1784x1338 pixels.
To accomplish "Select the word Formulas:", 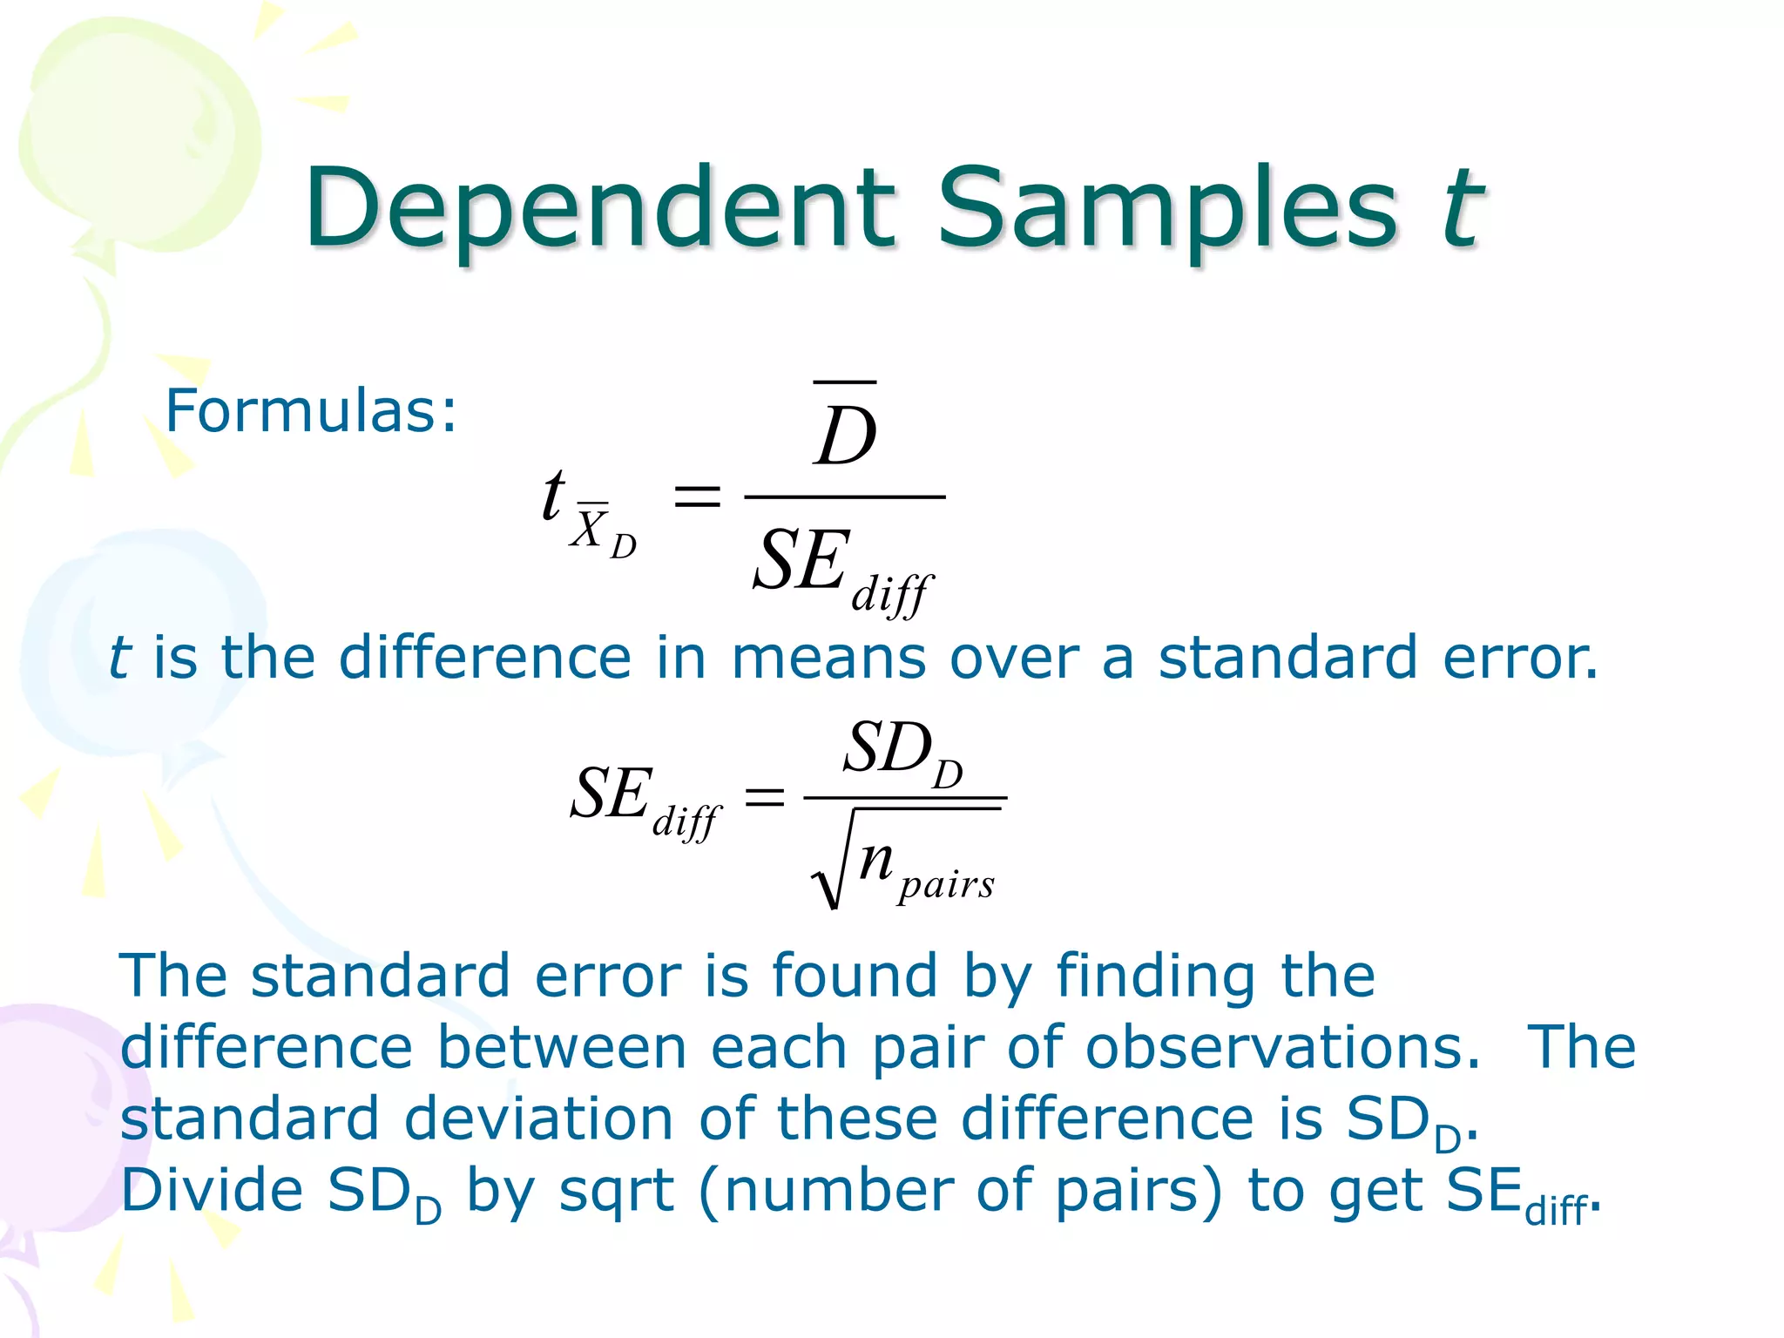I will (311, 410).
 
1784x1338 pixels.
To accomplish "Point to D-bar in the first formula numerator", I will (845, 431).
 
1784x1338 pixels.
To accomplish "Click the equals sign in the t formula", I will (698, 497).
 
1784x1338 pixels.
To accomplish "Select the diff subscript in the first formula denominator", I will (891, 595).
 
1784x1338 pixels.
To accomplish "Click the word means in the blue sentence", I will (828, 658).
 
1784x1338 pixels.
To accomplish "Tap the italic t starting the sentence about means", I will (119, 658).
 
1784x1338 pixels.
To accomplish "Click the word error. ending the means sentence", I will (1520, 658).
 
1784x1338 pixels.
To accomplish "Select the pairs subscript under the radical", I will (946, 885).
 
